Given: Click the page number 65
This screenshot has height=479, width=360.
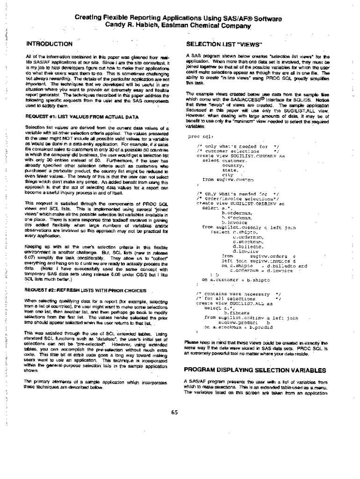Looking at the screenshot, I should click(x=175, y=412).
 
